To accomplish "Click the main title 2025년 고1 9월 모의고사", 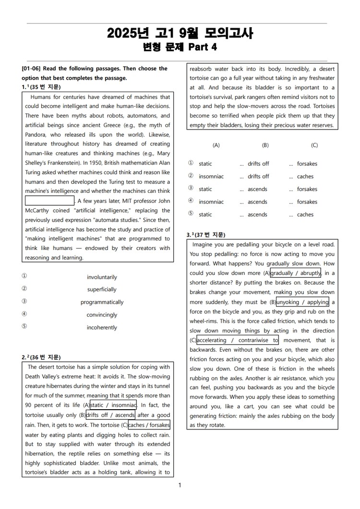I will tap(180, 33).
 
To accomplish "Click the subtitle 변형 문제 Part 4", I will tap(180, 47).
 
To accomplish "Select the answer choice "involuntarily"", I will tap(102, 277).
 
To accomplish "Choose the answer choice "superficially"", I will tap(102, 290).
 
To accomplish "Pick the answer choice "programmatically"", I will tap(102, 302).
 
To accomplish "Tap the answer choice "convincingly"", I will tap(102, 315).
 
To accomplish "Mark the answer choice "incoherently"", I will tap(102, 328).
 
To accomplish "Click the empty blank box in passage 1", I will tap(49, 201).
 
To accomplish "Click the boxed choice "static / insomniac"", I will tap(113, 405).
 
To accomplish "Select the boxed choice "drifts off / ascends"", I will tap(110, 415).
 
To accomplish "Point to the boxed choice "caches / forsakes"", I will tap(149, 425).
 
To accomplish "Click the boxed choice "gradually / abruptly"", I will tap(296, 273).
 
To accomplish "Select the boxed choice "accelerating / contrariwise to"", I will tap(238, 341).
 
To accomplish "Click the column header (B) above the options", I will tap(265, 145).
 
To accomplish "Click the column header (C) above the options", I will tap(314, 145).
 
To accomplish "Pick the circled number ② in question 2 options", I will tap(191, 177).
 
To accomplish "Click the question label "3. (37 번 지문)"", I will tap(206, 235).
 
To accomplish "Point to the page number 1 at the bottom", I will tap(180, 485).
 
